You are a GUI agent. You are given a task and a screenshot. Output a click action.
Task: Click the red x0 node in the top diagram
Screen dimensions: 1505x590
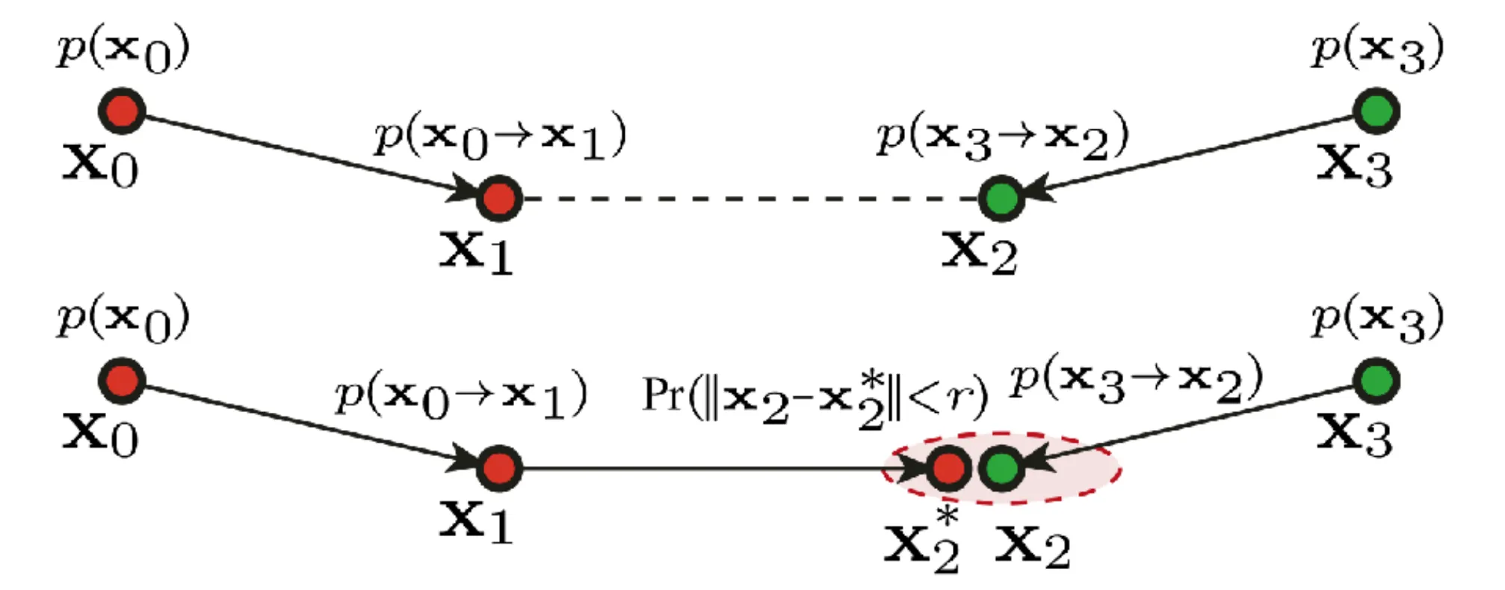click(x=122, y=111)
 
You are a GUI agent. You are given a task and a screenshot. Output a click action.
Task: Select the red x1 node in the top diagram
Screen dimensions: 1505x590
click(x=498, y=198)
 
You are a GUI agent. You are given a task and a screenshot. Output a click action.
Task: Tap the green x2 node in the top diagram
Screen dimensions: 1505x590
click(x=1001, y=198)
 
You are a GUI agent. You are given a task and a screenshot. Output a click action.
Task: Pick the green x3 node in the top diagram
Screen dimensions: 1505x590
click(x=1376, y=111)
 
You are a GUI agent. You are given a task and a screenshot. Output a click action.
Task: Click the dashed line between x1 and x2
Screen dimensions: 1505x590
click(x=750, y=199)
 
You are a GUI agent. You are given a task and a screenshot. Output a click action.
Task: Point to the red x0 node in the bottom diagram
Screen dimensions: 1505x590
click(x=122, y=380)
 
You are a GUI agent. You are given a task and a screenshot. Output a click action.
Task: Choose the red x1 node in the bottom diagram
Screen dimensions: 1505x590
click(x=498, y=468)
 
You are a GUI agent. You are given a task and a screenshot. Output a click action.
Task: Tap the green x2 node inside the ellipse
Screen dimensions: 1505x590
click(x=1001, y=468)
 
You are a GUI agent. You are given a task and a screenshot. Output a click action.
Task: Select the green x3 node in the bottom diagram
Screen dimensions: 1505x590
click(x=1376, y=380)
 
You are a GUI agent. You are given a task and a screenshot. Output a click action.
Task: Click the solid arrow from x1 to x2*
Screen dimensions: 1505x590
click(x=723, y=469)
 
